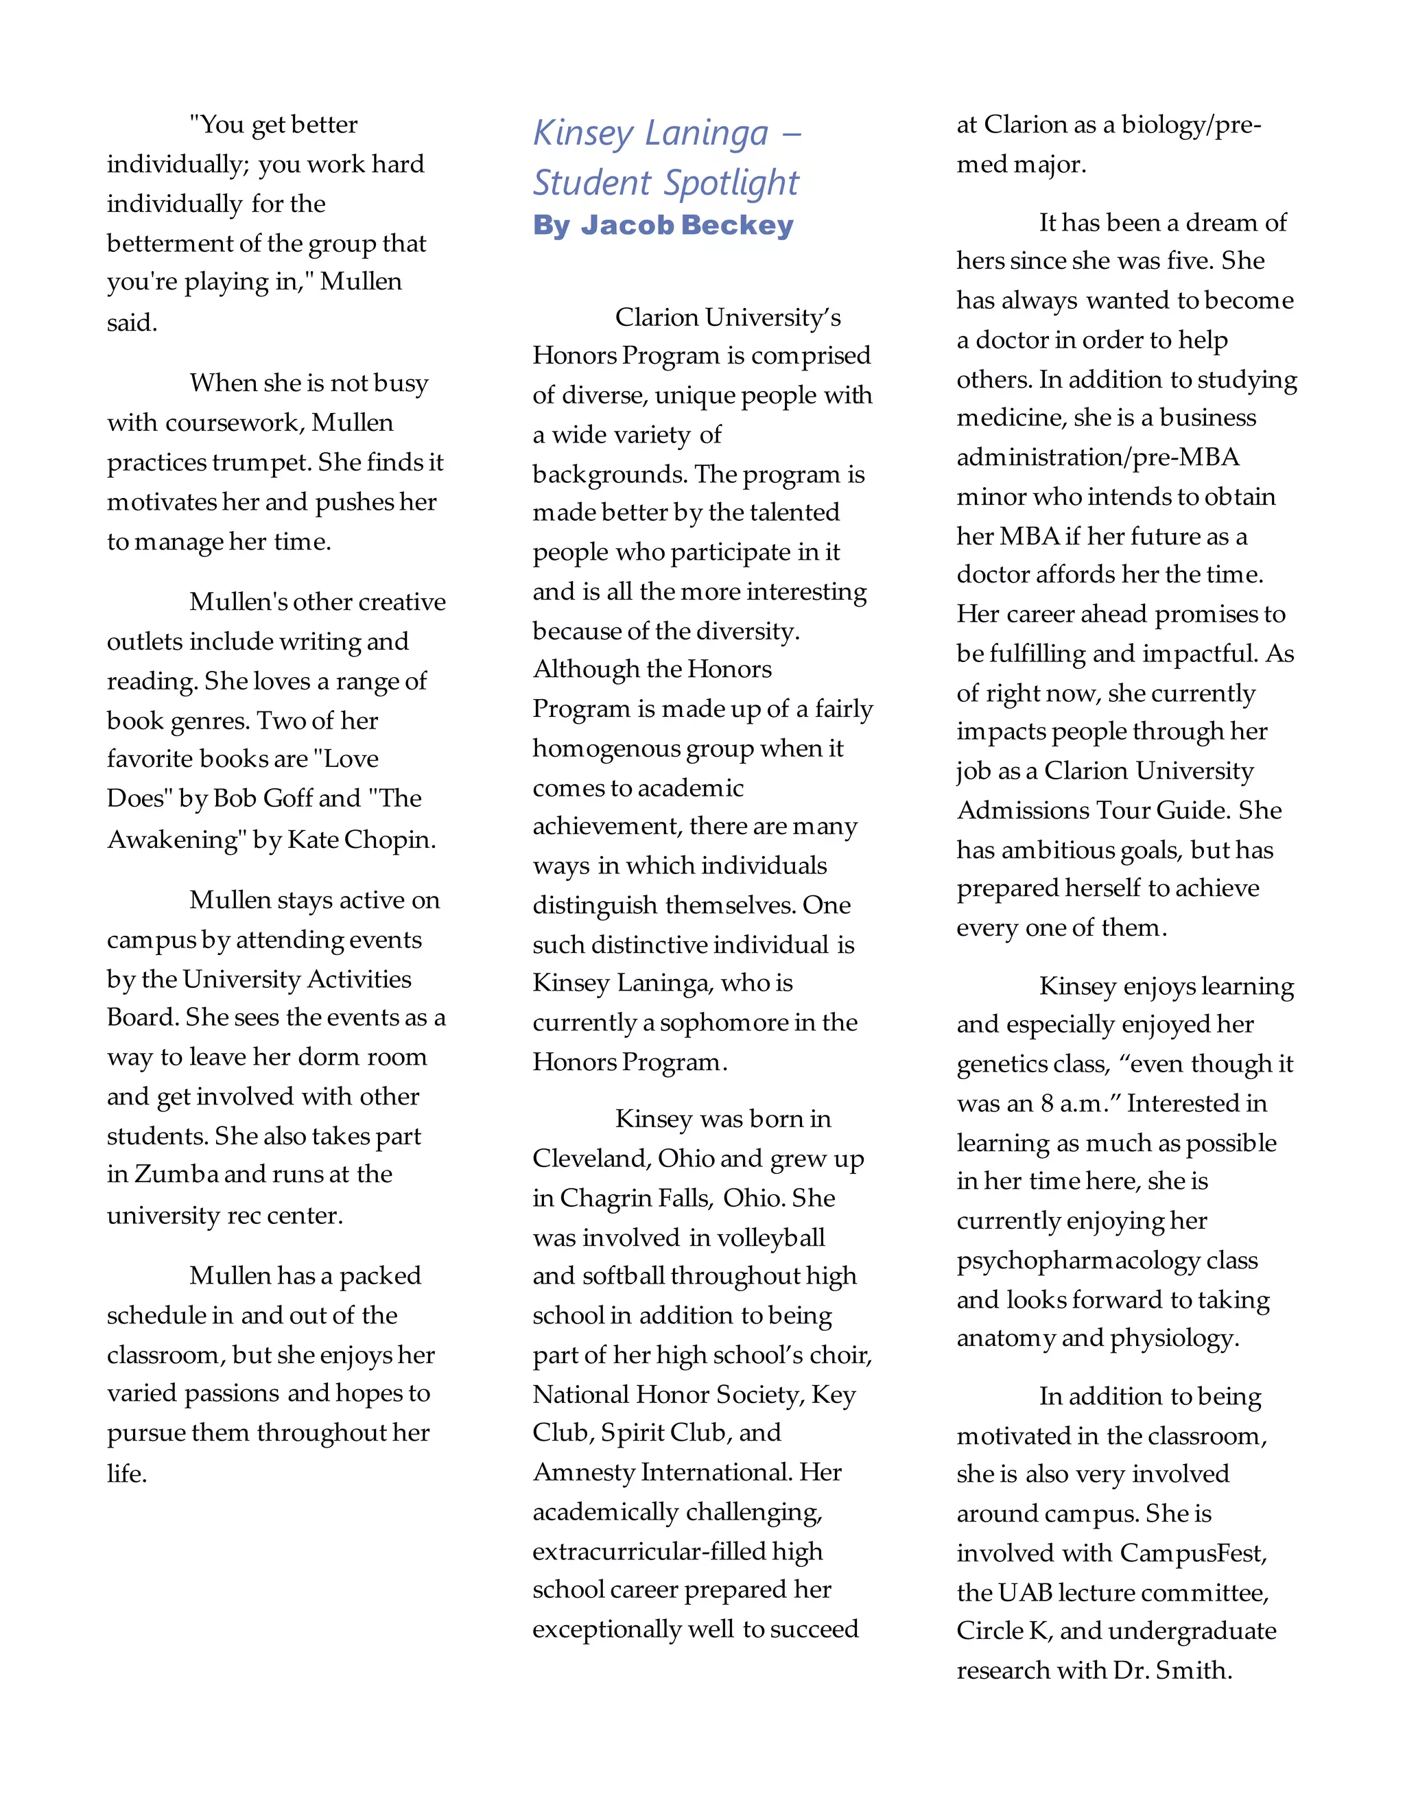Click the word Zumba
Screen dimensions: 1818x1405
(x=176, y=1174)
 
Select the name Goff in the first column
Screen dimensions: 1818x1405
(x=287, y=799)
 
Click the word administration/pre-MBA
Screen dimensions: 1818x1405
(x=1097, y=458)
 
